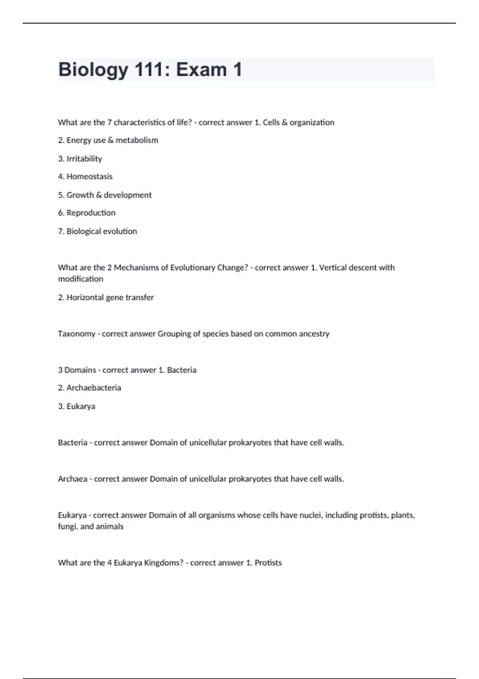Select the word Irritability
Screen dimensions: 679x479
(x=84, y=159)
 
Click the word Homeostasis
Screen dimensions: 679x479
(x=89, y=177)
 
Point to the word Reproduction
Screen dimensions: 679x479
(x=91, y=213)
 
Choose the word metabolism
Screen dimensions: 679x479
(x=137, y=140)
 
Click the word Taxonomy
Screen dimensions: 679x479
(x=76, y=334)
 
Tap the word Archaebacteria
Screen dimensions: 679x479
(x=94, y=388)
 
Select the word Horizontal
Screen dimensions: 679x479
(x=85, y=298)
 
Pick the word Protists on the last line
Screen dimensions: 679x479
(x=268, y=563)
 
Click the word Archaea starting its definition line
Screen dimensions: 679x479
(x=72, y=479)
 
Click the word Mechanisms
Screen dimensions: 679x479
(x=136, y=268)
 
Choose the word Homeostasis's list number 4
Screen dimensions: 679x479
(x=61, y=177)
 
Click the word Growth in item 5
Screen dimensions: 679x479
(x=80, y=195)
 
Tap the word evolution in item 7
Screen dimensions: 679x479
(x=119, y=231)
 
